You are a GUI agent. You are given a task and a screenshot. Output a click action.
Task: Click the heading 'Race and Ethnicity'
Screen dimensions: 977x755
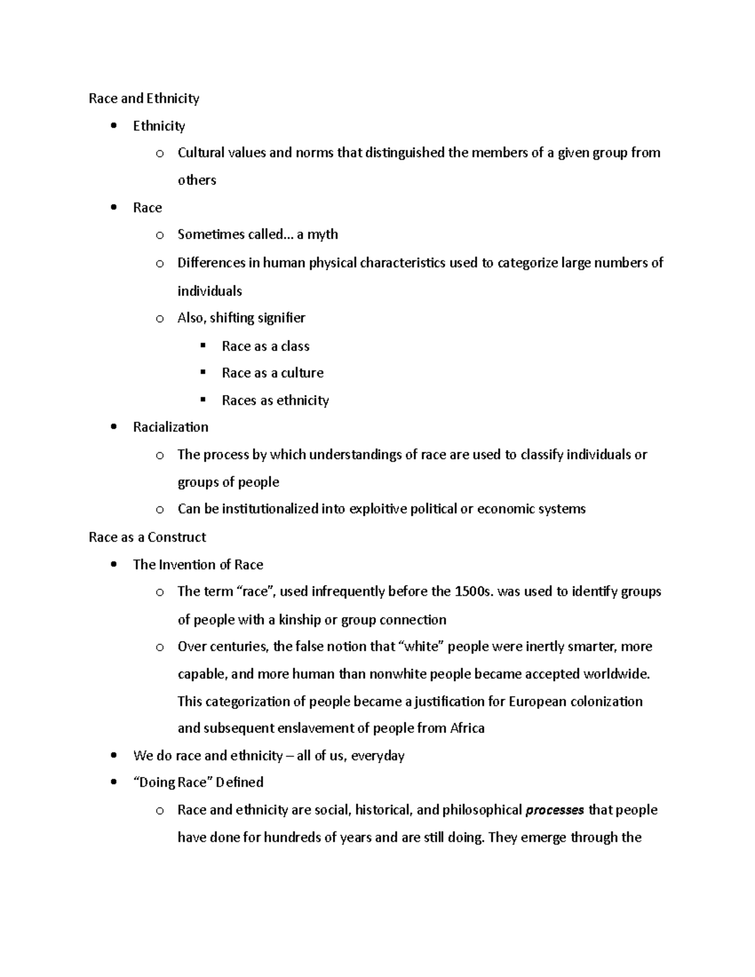(x=143, y=98)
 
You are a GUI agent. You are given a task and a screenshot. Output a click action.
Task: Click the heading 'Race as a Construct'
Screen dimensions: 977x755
(x=147, y=537)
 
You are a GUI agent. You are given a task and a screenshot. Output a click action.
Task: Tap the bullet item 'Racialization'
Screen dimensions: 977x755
(x=171, y=427)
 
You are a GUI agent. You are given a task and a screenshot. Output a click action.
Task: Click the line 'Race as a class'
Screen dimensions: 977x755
(x=266, y=346)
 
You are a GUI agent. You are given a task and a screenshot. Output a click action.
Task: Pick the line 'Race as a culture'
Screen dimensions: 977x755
(x=272, y=373)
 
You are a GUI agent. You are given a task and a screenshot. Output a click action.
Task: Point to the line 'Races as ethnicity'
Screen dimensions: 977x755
(x=275, y=401)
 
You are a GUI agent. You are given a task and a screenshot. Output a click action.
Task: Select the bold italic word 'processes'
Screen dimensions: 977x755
(x=554, y=810)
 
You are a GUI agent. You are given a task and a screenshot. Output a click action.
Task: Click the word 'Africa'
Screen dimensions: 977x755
(x=467, y=729)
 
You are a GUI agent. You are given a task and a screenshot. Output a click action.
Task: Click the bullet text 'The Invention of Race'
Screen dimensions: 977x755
(x=198, y=564)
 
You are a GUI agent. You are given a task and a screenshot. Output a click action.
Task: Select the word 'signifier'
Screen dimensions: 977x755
(x=281, y=318)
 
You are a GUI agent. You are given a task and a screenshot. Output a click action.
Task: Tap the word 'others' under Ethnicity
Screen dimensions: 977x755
(x=196, y=181)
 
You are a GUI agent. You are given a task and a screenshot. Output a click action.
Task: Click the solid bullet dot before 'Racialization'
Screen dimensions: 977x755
(x=113, y=427)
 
